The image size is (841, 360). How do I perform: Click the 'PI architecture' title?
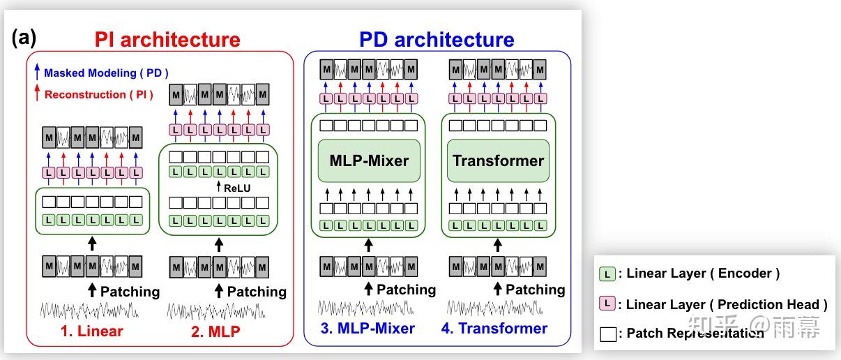click(x=167, y=40)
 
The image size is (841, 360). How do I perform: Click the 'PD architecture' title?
click(x=437, y=40)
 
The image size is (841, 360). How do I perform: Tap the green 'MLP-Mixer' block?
click(x=368, y=161)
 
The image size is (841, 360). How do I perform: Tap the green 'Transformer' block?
click(x=498, y=161)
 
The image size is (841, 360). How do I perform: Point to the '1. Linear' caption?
click(x=91, y=331)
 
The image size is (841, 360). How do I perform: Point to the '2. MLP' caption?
click(x=215, y=331)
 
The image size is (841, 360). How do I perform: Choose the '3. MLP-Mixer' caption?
click(x=369, y=328)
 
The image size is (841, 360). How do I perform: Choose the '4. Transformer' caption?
click(x=494, y=328)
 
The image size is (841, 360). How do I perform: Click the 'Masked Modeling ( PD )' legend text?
click(x=106, y=73)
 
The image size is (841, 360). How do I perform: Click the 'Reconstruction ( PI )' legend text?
click(x=95, y=94)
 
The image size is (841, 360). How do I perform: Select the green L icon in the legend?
click(x=607, y=274)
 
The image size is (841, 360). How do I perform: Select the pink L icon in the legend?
click(x=607, y=304)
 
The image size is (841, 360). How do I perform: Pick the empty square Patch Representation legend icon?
click(x=607, y=333)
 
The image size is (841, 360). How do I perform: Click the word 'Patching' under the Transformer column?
click(x=535, y=289)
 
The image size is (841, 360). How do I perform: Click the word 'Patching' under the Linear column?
click(x=130, y=291)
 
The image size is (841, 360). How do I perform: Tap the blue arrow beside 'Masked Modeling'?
click(x=37, y=71)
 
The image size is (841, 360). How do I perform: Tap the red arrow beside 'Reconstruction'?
click(x=37, y=93)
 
